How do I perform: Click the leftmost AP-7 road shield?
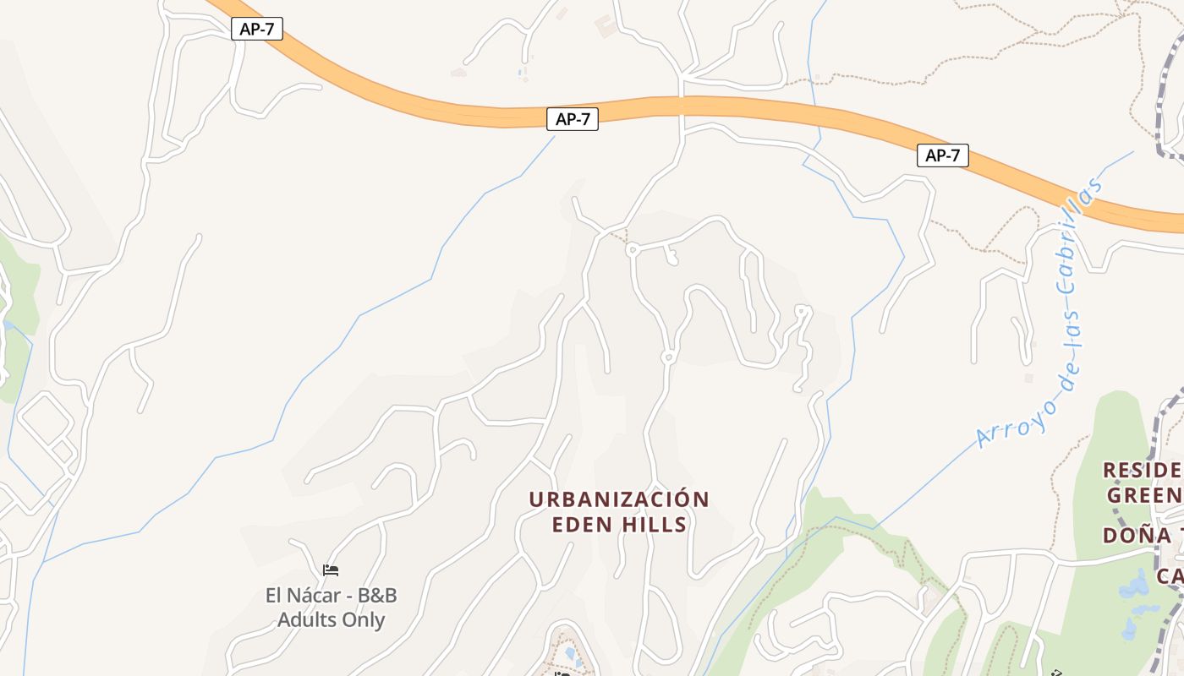(x=256, y=29)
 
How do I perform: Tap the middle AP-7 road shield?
(x=573, y=119)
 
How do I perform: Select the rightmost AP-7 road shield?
(x=942, y=155)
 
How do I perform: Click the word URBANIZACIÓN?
(x=619, y=499)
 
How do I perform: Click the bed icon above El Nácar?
(x=331, y=570)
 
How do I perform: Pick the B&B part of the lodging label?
(x=377, y=596)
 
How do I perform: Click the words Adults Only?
(x=331, y=620)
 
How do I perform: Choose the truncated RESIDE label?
(x=1142, y=470)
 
